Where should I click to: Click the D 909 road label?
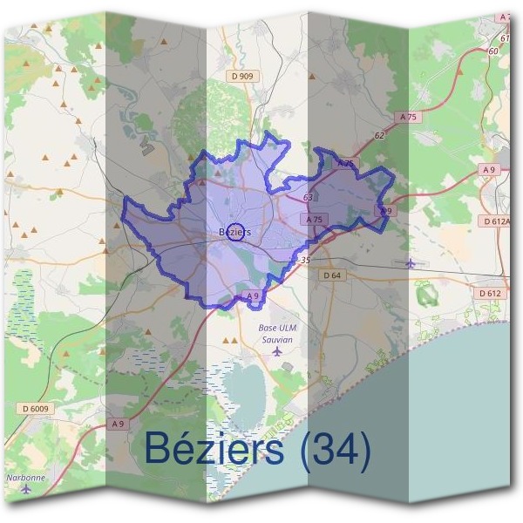tap(243, 77)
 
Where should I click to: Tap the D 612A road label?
tap(497, 221)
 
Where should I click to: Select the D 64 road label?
tap(332, 275)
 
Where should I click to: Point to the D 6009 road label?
tap(33, 408)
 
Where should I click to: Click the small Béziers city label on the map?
tap(235, 232)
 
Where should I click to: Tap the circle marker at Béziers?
tap(234, 231)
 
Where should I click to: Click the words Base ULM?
tap(277, 327)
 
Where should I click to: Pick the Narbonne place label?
tap(25, 477)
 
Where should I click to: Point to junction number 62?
tap(378, 136)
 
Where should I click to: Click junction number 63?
tap(309, 198)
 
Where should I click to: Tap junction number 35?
tap(304, 260)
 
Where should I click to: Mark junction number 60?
tap(493, 51)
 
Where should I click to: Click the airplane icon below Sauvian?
tap(277, 351)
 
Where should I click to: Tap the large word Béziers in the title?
tap(214, 449)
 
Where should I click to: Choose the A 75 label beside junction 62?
tap(407, 116)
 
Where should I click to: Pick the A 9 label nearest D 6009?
tap(119, 424)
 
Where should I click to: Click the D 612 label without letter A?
tap(490, 293)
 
